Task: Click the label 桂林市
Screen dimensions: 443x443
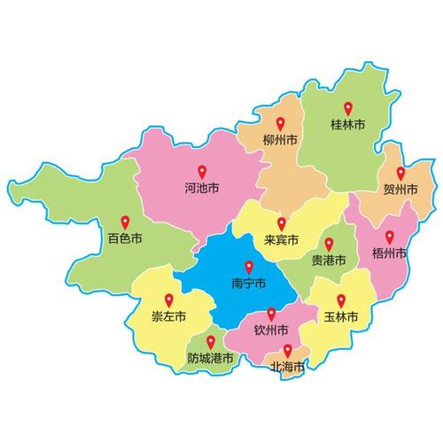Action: pos(347,127)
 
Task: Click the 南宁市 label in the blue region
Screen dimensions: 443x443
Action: pos(248,285)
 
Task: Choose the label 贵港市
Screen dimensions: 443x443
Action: pos(329,261)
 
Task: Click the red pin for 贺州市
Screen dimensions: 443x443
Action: pos(400,173)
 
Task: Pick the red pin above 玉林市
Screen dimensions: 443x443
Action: pos(341,300)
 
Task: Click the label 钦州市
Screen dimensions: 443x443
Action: pos(271,332)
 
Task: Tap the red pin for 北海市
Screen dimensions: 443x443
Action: pos(287,351)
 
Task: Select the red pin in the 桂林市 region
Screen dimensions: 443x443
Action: pos(347,109)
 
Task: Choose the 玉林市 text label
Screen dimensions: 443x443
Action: pos(341,317)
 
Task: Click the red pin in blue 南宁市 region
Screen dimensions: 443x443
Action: pos(248,267)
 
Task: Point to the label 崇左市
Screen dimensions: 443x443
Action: pos(168,317)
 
